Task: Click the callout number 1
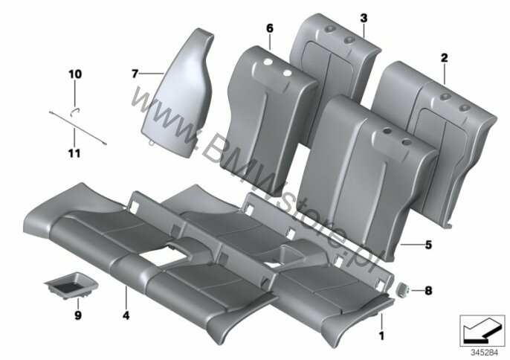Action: point(381,335)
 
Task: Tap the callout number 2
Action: point(443,57)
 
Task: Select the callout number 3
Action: point(363,16)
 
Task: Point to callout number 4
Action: point(126,315)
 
